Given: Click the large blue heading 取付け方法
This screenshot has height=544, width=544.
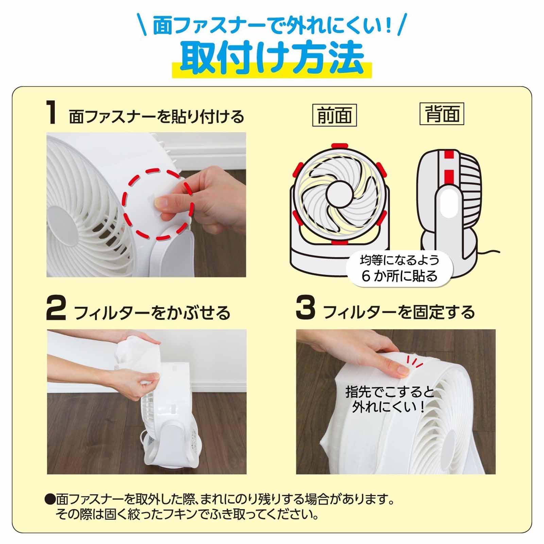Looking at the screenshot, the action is coord(272,58).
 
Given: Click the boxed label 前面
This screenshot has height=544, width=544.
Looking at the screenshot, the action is coord(335,116).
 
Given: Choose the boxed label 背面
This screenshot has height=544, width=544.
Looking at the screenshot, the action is coord(442,114).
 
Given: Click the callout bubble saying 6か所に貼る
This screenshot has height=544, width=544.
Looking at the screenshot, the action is coord(399,269).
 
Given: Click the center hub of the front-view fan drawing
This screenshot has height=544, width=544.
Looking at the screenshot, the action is coord(339,194).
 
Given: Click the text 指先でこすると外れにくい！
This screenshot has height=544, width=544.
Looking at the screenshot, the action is coord(390,399).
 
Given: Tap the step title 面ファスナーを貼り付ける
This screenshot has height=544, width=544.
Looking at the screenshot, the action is coord(156,117).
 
